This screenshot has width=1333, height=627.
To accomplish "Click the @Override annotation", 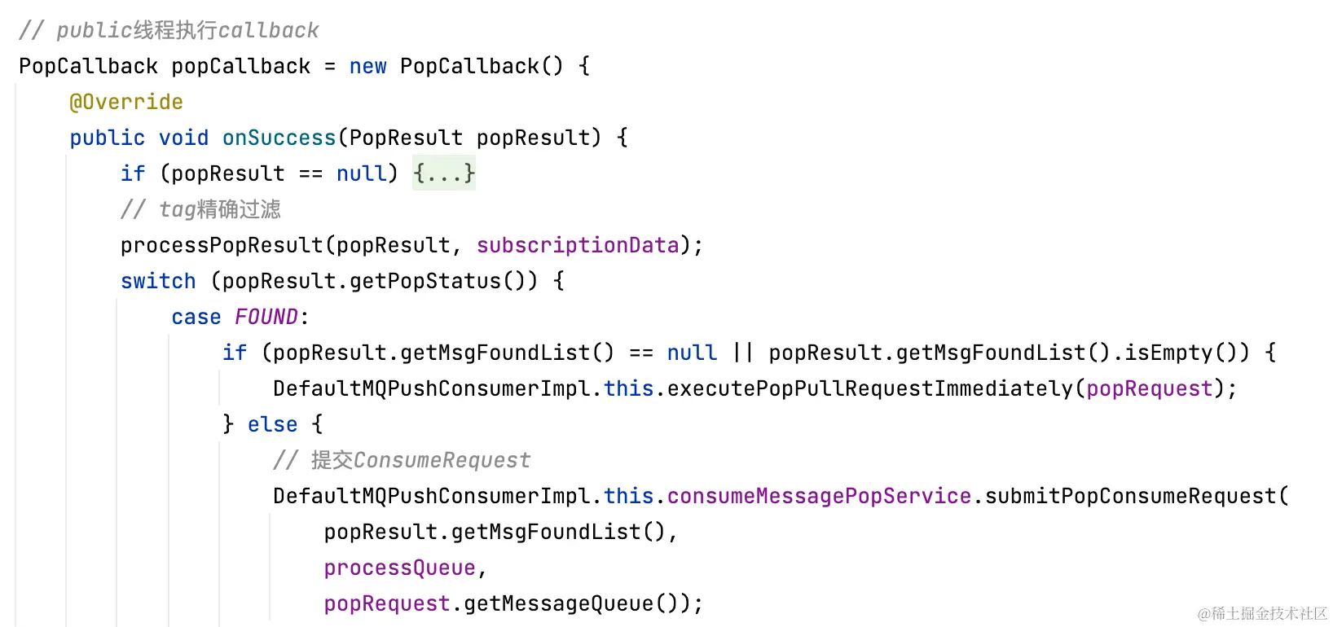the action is pyautogui.click(x=126, y=102).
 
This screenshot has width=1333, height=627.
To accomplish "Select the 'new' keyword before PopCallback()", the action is pyautogui.click(x=367, y=66).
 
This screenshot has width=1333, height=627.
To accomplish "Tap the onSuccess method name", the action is pyautogui.click(x=279, y=138).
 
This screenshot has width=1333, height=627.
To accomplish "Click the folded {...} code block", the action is pyautogui.click(x=443, y=173).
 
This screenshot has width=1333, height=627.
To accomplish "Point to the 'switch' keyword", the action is pyautogui.click(x=158, y=281).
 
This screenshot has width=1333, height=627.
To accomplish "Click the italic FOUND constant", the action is pyautogui.click(x=266, y=317).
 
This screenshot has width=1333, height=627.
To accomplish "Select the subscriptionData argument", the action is pyautogui.click(x=578, y=245).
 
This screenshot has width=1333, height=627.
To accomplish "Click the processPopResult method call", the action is pyautogui.click(x=222, y=245).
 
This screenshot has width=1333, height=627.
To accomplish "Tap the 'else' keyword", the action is pyautogui.click(x=272, y=424).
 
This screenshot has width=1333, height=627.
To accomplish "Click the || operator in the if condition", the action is pyautogui.click(x=743, y=353).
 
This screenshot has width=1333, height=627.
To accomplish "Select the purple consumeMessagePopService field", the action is pyautogui.click(x=819, y=496).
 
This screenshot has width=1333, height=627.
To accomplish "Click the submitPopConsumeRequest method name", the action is pyautogui.click(x=1130, y=496).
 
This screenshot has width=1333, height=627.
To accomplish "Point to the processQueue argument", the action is pyautogui.click(x=399, y=568).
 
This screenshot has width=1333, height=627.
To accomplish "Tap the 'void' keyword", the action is pyautogui.click(x=183, y=138).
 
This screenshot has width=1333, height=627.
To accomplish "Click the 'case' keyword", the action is pyautogui.click(x=196, y=317).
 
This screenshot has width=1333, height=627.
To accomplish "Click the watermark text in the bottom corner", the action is pyautogui.click(x=1262, y=613).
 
